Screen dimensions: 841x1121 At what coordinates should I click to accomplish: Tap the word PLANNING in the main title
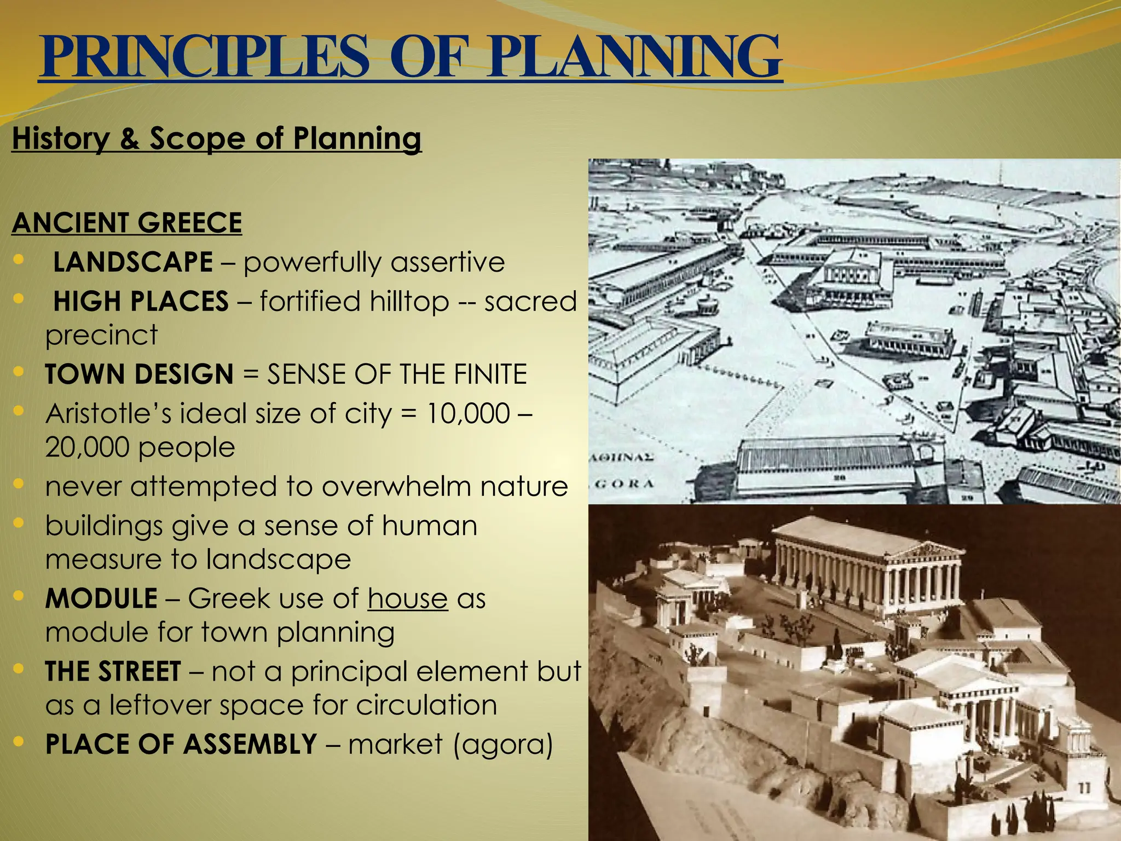pyautogui.click(x=634, y=57)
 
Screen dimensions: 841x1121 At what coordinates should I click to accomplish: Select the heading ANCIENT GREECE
pyautogui.click(x=127, y=222)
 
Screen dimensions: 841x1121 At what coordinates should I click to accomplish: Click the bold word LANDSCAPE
pyautogui.click(x=133, y=262)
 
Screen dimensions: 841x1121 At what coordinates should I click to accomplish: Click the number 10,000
pyautogui.click(x=468, y=414)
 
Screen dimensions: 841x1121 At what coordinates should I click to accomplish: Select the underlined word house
pyautogui.click(x=408, y=598)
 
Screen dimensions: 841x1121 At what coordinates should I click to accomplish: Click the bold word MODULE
pyautogui.click(x=101, y=598)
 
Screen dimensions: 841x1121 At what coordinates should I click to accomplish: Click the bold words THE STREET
pyautogui.click(x=113, y=671)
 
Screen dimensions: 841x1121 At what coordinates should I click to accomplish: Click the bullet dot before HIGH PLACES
pyautogui.click(x=19, y=299)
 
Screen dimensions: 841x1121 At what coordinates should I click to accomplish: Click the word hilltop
pyautogui.click(x=409, y=302)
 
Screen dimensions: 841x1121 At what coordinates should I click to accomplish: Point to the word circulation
pyautogui.click(x=426, y=705)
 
